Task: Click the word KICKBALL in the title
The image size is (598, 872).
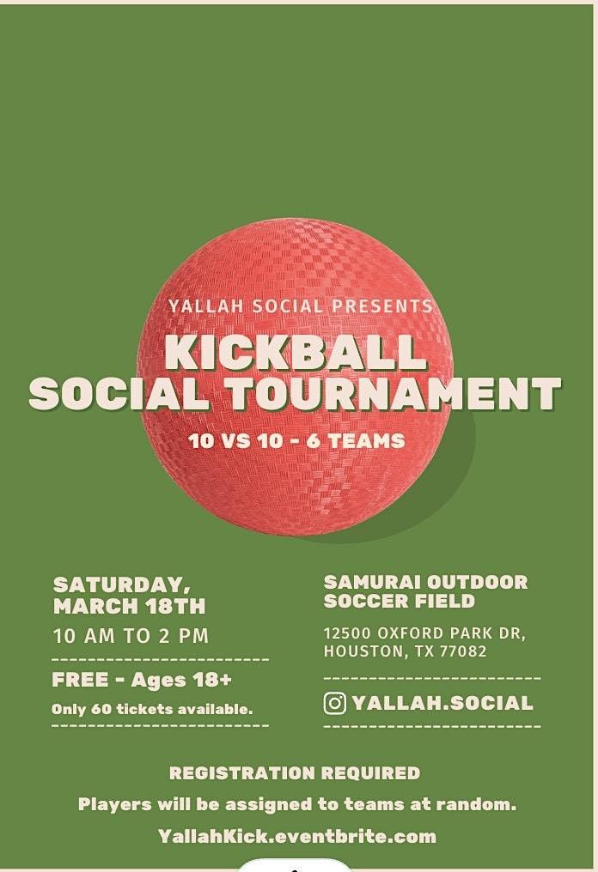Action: [x=296, y=351]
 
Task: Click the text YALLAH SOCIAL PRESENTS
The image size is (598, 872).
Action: [x=301, y=306]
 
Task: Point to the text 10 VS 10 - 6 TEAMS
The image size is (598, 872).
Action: [x=297, y=441]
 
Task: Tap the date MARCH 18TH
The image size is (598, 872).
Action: [x=129, y=606]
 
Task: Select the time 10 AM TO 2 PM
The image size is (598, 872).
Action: [x=131, y=636]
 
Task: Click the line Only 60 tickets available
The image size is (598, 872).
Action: [x=152, y=709]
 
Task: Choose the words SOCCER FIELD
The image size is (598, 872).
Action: [x=399, y=602]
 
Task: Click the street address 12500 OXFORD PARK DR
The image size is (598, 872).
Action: [x=424, y=633]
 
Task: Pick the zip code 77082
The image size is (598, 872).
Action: [x=464, y=651]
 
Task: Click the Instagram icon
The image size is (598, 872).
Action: [x=335, y=703]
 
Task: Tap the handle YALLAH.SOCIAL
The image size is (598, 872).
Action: [x=442, y=703]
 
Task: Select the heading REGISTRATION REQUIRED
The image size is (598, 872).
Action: [x=295, y=772]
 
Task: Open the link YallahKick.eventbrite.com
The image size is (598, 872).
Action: [x=297, y=835]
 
